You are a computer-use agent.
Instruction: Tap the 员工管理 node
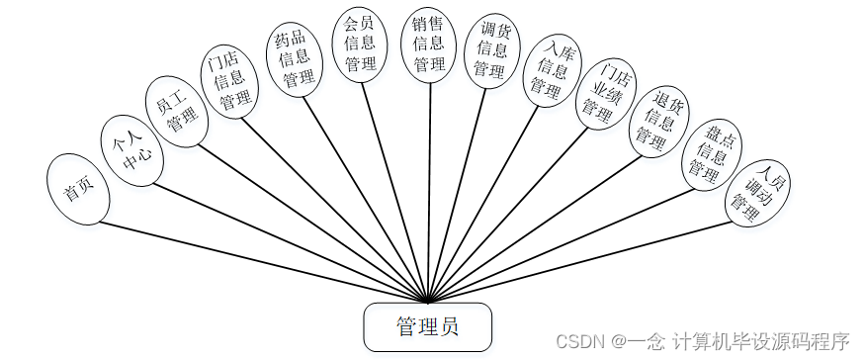(178, 111)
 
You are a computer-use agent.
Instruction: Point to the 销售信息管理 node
(429, 43)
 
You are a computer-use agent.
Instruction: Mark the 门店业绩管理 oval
(604, 92)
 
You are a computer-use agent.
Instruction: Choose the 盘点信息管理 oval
(712, 153)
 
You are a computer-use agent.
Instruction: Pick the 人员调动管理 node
(757, 192)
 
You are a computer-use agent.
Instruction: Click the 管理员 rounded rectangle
(427, 326)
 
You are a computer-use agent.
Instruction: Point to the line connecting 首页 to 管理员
(257, 259)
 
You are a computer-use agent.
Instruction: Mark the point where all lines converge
(428, 301)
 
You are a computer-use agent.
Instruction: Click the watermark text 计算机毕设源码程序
(761, 341)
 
